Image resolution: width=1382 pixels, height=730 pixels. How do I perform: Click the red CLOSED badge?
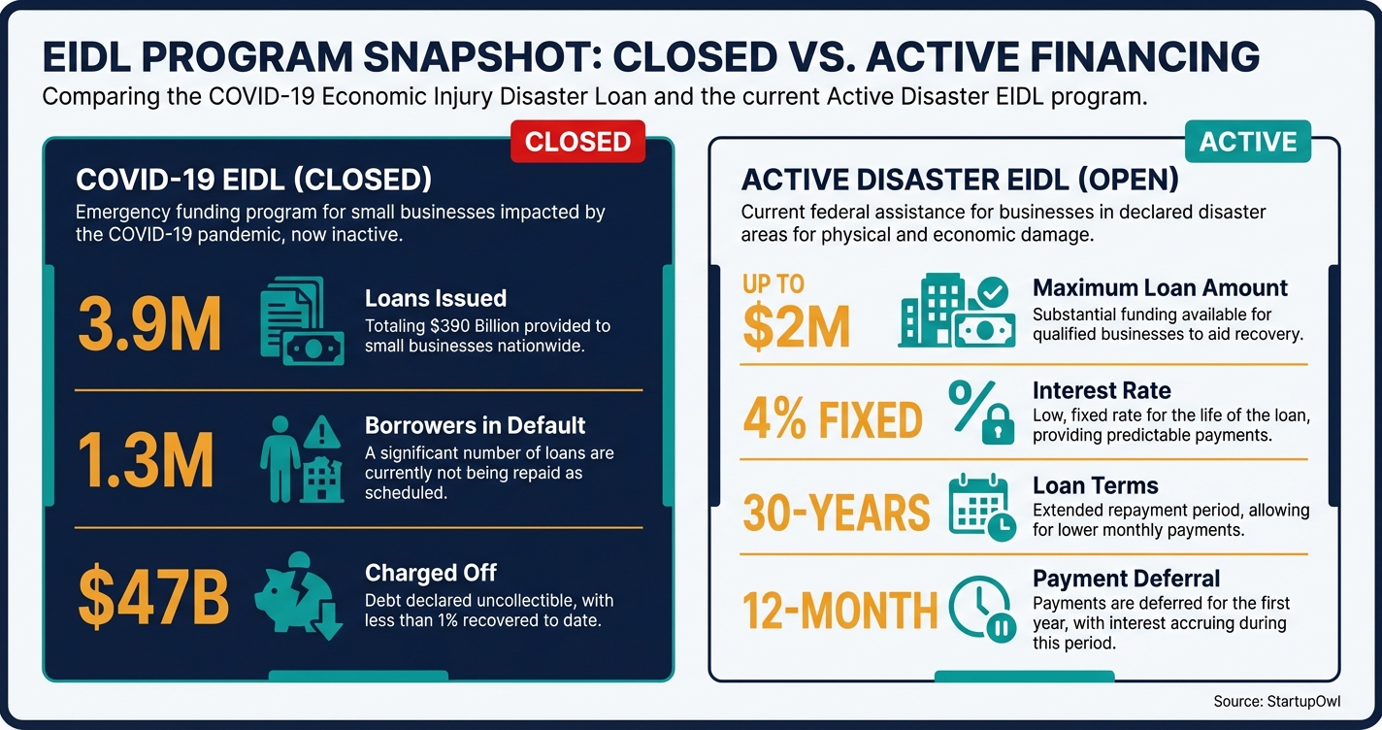tap(577, 142)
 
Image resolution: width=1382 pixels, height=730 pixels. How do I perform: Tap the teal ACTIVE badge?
tap(1248, 142)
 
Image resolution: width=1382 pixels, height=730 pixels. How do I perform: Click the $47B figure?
tap(154, 597)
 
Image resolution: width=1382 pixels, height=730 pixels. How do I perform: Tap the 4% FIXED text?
tap(832, 419)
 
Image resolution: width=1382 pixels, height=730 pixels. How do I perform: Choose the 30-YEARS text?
tap(836, 512)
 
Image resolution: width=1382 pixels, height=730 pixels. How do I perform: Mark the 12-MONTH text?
tap(839, 609)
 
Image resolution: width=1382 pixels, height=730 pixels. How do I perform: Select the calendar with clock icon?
tap(981, 507)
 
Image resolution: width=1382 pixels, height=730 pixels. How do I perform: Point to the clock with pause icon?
tap(981, 609)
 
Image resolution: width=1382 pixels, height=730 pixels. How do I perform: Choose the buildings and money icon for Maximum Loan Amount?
tap(956, 311)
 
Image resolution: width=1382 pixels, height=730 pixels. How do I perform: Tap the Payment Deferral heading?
tap(1126, 579)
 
